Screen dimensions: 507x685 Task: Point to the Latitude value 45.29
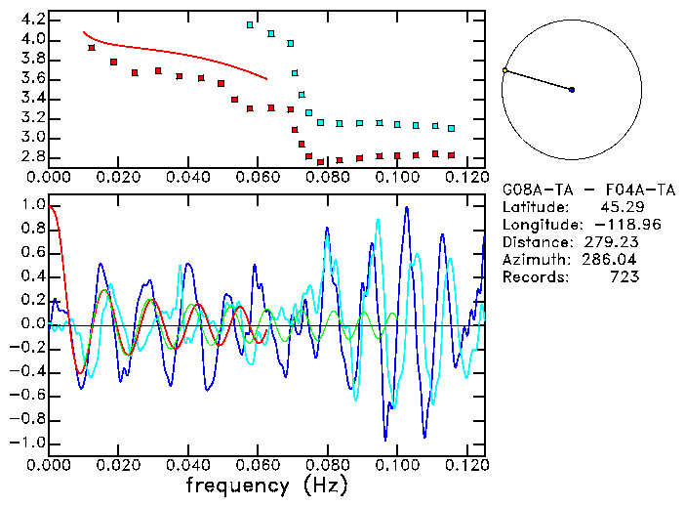tap(616, 206)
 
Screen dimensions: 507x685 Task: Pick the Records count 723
tap(625, 276)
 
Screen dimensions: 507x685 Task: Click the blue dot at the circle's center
tap(572, 90)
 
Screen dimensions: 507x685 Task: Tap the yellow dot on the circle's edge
tap(504, 70)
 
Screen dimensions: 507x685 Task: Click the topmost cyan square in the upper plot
tap(251, 24)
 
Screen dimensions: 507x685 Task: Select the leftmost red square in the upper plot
tap(92, 48)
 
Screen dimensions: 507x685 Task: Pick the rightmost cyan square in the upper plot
tap(451, 128)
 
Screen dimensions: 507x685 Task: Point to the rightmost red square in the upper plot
tap(451, 155)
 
